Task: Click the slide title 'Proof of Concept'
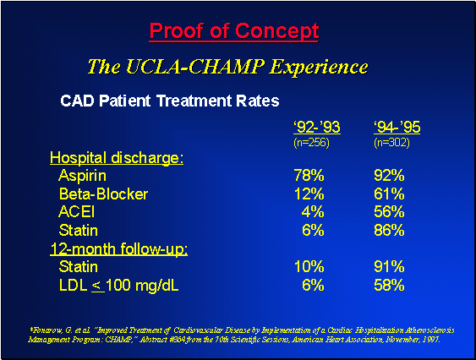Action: [x=234, y=32]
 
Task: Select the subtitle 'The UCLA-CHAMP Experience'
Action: [x=227, y=66]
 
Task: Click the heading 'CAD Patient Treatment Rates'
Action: [x=169, y=101]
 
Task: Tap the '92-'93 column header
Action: [x=316, y=128]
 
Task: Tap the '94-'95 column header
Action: [x=397, y=128]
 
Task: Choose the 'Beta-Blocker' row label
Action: [x=103, y=194]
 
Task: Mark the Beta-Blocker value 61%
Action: [x=389, y=194]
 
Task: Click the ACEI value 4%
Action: [x=313, y=211]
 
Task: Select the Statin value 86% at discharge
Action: [x=389, y=230]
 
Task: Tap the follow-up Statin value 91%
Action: [x=389, y=267]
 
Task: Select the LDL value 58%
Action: [x=389, y=285]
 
